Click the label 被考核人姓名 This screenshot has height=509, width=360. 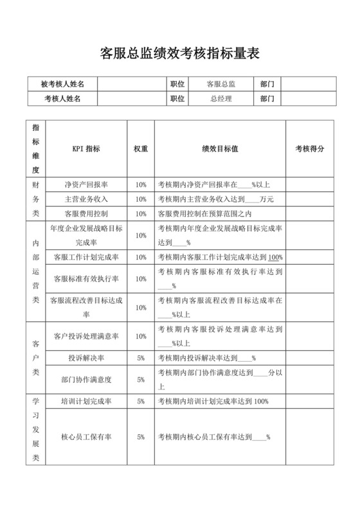tap(62, 84)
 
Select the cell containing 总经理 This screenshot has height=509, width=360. tap(221, 99)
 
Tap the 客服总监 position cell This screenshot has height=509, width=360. tap(221, 84)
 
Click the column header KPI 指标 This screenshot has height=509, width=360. tap(86, 148)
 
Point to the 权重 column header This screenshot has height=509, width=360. tap(141, 148)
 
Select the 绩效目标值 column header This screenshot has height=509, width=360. tap(220, 148)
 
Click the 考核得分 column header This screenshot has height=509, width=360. tap(310, 148)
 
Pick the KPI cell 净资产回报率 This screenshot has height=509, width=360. tap(86, 184)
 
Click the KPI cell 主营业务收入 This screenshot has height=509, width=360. tap(86, 199)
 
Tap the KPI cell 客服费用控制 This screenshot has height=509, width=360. tap(86, 213)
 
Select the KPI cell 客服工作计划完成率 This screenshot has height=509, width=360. tap(86, 257)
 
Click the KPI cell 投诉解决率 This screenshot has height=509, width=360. tap(86, 358)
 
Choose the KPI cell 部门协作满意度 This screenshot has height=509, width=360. tap(86, 379)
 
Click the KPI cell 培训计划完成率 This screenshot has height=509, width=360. tap(86, 401)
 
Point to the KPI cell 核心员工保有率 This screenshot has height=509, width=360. tap(86, 437)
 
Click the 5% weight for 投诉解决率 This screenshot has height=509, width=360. tap(141, 358)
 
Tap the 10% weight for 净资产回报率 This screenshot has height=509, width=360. tap(141, 184)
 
